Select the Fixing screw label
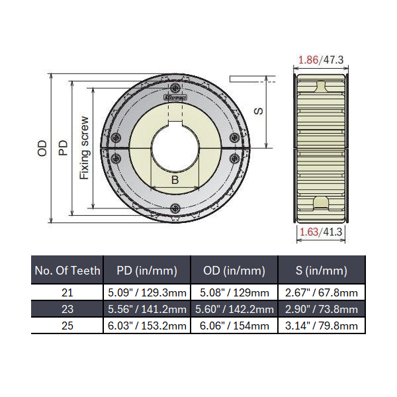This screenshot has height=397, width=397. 84,148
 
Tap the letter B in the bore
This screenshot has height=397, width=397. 175,179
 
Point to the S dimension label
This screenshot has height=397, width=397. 259,111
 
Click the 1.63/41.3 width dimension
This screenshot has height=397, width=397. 321,232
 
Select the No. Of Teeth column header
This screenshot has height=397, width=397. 67,270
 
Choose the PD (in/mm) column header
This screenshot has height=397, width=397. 147,270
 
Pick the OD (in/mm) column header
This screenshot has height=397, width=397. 234,270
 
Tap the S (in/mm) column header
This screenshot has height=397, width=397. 321,270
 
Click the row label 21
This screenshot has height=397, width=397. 67,292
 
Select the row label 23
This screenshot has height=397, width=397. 67,309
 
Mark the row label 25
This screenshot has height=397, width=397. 67,326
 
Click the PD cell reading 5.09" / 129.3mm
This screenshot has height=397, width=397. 147,292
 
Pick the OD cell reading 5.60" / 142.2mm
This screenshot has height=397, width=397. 234,309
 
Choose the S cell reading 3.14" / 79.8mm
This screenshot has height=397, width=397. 321,326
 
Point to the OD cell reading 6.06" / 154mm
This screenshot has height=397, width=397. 234,326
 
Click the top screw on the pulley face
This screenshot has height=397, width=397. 175,89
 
